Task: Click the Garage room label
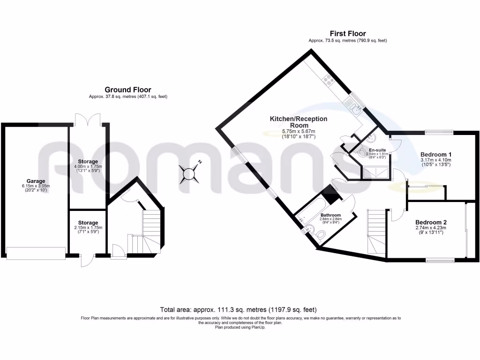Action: (x=36, y=181)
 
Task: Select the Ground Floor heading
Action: (x=128, y=90)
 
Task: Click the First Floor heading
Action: (x=347, y=34)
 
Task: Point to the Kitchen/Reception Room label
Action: (x=298, y=122)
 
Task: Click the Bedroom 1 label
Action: (x=436, y=155)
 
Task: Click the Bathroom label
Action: (x=331, y=215)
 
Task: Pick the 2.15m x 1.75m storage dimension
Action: (x=88, y=228)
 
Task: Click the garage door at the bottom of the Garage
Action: (x=36, y=253)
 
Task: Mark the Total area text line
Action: (x=239, y=310)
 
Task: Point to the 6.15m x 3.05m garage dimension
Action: (x=36, y=187)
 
